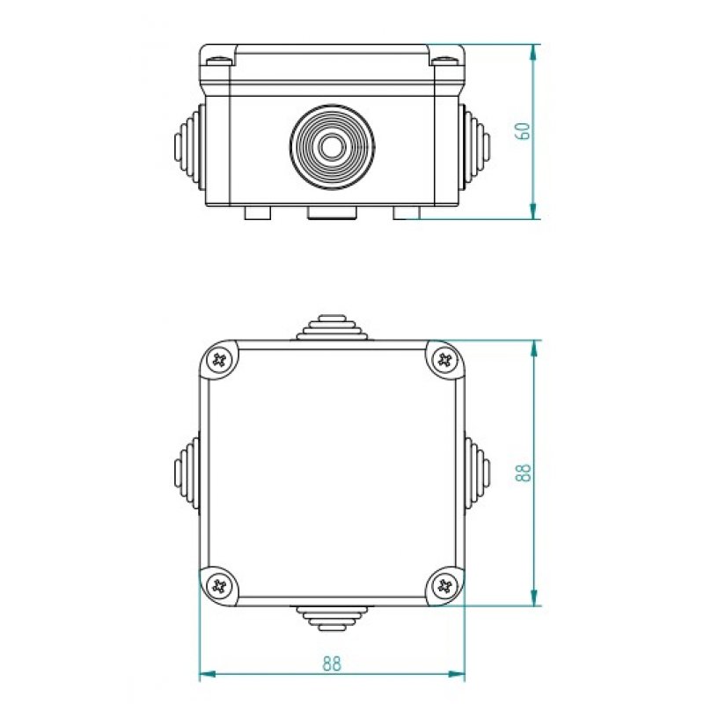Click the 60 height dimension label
(x=522, y=130)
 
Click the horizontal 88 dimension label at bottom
(x=331, y=664)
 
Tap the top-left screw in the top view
(x=219, y=359)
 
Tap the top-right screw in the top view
(x=445, y=359)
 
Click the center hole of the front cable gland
(x=332, y=146)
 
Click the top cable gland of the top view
(x=332, y=328)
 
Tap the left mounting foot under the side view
(x=257, y=213)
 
